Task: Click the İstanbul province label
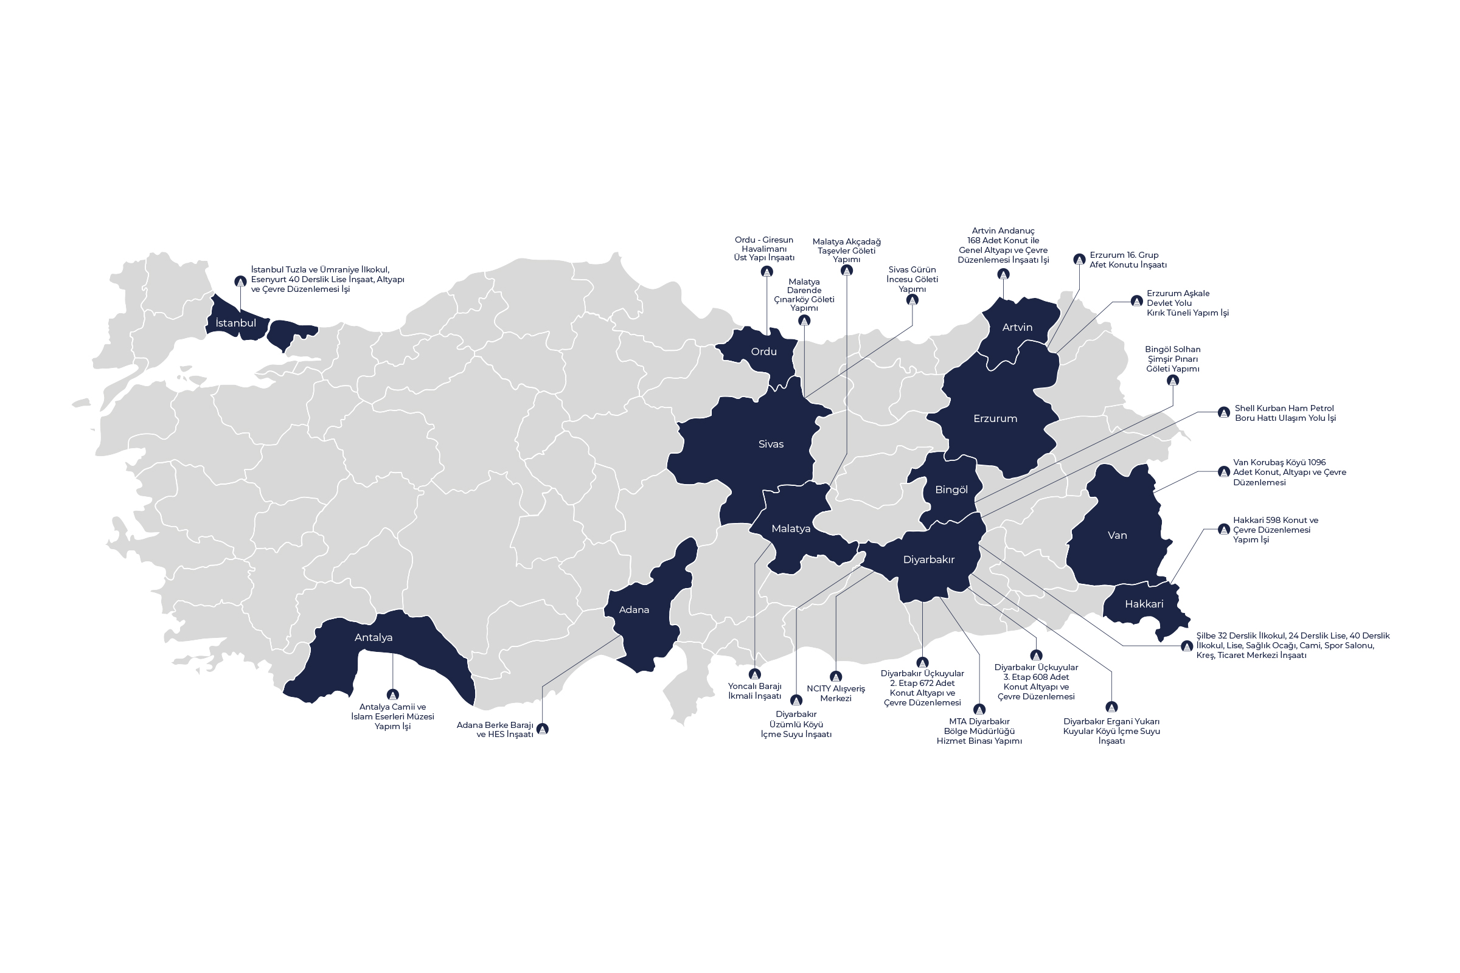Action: click(x=235, y=323)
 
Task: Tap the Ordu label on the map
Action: click(x=763, y=351)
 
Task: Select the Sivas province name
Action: click(x=771, y=444)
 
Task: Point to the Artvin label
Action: click(x=1017, y=327)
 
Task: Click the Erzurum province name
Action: click(x=995, y=418)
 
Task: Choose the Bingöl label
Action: click(x=951, y=490)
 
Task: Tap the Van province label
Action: click(x=1117, y=535)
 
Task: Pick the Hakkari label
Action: click(x=1144, y=604)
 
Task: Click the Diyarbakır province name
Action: click(x=928, y=559)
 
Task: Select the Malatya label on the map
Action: click(x=790, y=528)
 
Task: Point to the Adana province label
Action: click(x=634, y=609)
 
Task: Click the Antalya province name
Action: click(x=373, y=637)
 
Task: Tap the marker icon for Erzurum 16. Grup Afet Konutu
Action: click(x=1079, y=260)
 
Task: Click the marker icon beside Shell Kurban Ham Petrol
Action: click(x=1223, y=413)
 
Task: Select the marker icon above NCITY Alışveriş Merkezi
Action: click(x=835, y=677)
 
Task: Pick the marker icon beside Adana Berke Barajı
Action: click(x=543, y=729)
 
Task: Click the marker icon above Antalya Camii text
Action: click(x=392, y=695)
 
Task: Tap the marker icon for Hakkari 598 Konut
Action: click(x=1223, y=529)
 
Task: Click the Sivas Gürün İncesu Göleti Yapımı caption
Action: click(x=912, y=279)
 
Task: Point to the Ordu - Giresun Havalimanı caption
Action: click(x=763, y=249)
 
